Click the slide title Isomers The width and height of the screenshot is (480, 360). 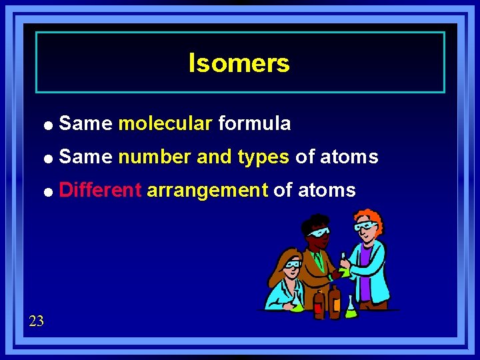(239, 63)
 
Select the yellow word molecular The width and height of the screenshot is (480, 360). (165, 123)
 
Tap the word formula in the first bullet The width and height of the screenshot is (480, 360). (254, 123)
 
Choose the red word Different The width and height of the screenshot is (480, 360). (100, 191)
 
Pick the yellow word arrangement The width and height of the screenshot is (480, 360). (207, 191)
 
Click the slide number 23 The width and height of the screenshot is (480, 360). (37, 321)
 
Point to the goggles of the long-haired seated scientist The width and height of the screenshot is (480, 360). (291, 264)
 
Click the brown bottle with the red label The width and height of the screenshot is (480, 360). (319, 303)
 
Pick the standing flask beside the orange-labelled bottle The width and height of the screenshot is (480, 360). (350, 307)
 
